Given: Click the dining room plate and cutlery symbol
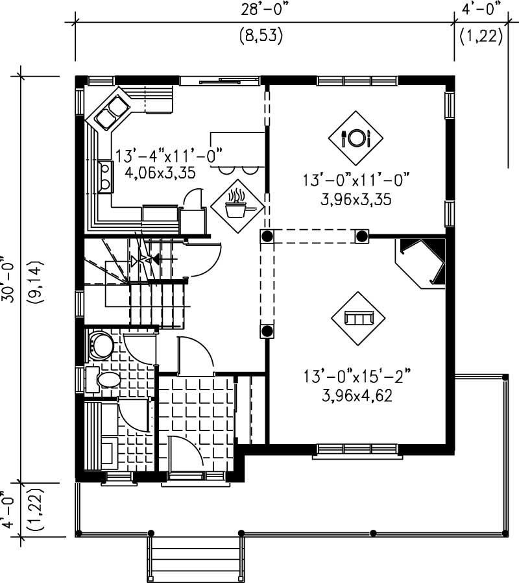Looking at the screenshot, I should tap(356, 137).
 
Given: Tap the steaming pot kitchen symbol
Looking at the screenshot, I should tap(238, 204).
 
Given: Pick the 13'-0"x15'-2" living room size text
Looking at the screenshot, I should tap(357, 376).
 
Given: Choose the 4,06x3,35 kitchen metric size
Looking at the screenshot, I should tap(156, 173).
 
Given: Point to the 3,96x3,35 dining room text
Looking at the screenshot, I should tap(356, 200).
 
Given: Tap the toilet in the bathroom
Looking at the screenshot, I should tap(104, 379).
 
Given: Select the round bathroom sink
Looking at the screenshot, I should tap(100, 345).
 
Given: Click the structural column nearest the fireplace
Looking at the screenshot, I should tap(361, 236).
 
